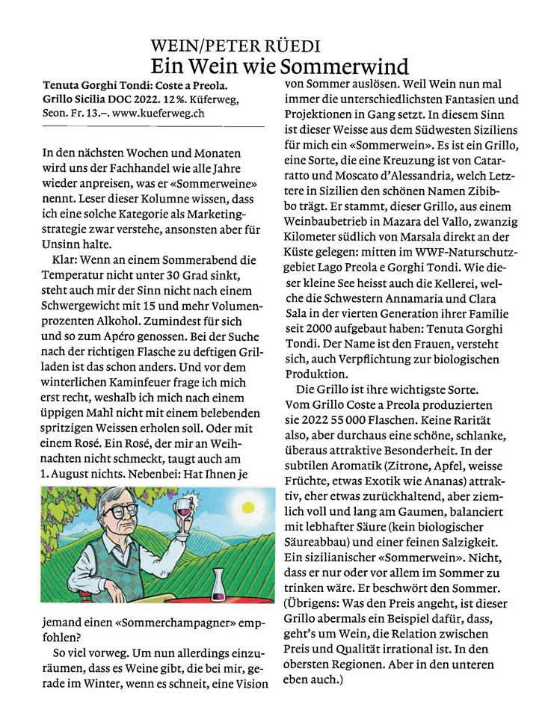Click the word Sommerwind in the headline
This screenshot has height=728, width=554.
pyautogui.click(x=344, y=63)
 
